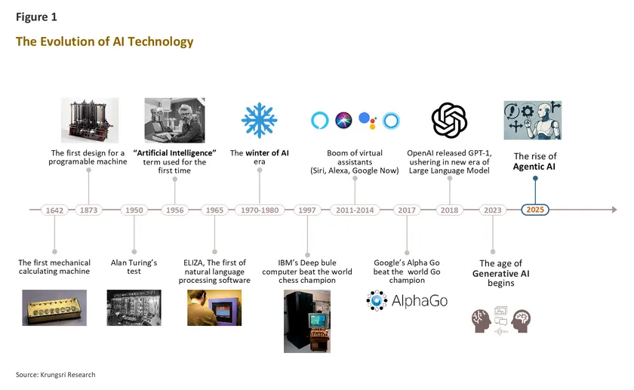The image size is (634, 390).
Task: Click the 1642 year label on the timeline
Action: (x=54, y=210)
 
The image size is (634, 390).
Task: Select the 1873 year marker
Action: (x=89, y=210)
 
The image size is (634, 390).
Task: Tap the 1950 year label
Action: (x=134, y=210)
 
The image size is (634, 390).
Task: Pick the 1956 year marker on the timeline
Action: (x=174, y=210)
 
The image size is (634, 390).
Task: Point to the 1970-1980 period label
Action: (x=260, y=210)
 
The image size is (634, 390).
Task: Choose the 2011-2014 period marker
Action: (x=355, y=210)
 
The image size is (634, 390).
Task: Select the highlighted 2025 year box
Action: (x=535, y=210)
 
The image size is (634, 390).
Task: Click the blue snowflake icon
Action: (x=260, y=121)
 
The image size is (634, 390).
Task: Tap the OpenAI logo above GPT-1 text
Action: (x=449, y=121)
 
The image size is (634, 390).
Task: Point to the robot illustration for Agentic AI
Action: (x=533, y=121)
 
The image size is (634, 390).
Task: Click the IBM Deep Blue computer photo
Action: (x=306, y=321)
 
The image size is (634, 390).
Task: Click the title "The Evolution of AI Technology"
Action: (x=105, y=42)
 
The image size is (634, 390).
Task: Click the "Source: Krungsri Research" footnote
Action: (x=56, y=375)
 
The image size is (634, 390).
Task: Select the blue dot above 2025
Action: (x=535, y=180)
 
